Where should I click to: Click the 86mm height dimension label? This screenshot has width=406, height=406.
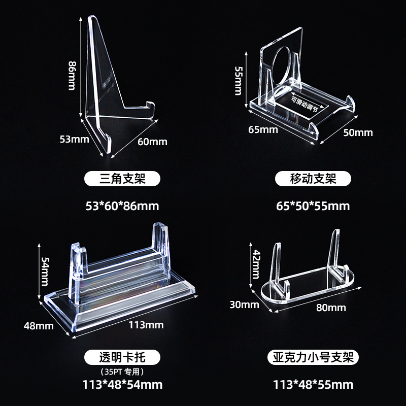pos(72,76)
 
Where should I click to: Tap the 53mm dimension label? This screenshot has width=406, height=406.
pos(74,139)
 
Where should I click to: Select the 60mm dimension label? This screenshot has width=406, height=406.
pos(152,142)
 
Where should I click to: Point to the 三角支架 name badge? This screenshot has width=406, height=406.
pos(122,179)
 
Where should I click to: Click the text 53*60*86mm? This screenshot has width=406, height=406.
pos(122,206)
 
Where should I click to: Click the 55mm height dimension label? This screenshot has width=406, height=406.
pos(238,81)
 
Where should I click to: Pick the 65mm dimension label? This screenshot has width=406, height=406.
pos(263,129)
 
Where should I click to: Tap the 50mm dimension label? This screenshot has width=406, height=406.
pos(358,132)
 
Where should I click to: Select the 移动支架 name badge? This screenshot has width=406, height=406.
pos(313,179)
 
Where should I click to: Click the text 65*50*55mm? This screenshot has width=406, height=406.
pos(313,206)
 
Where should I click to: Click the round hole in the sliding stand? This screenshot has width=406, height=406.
pos(284,66)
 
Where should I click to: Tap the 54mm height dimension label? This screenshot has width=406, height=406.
pos(45,272)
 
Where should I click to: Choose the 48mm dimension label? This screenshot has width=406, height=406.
pos(39,326)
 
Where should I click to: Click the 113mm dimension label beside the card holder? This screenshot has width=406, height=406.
pos(146,325)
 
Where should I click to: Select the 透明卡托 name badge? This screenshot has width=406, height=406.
pos(122,357)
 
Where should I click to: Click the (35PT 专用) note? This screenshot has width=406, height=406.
pos(122,372)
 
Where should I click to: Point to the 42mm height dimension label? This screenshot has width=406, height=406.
pos(256,264)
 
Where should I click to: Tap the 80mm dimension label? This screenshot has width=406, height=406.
pos(331,308)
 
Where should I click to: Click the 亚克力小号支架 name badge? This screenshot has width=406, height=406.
pos(313,357)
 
